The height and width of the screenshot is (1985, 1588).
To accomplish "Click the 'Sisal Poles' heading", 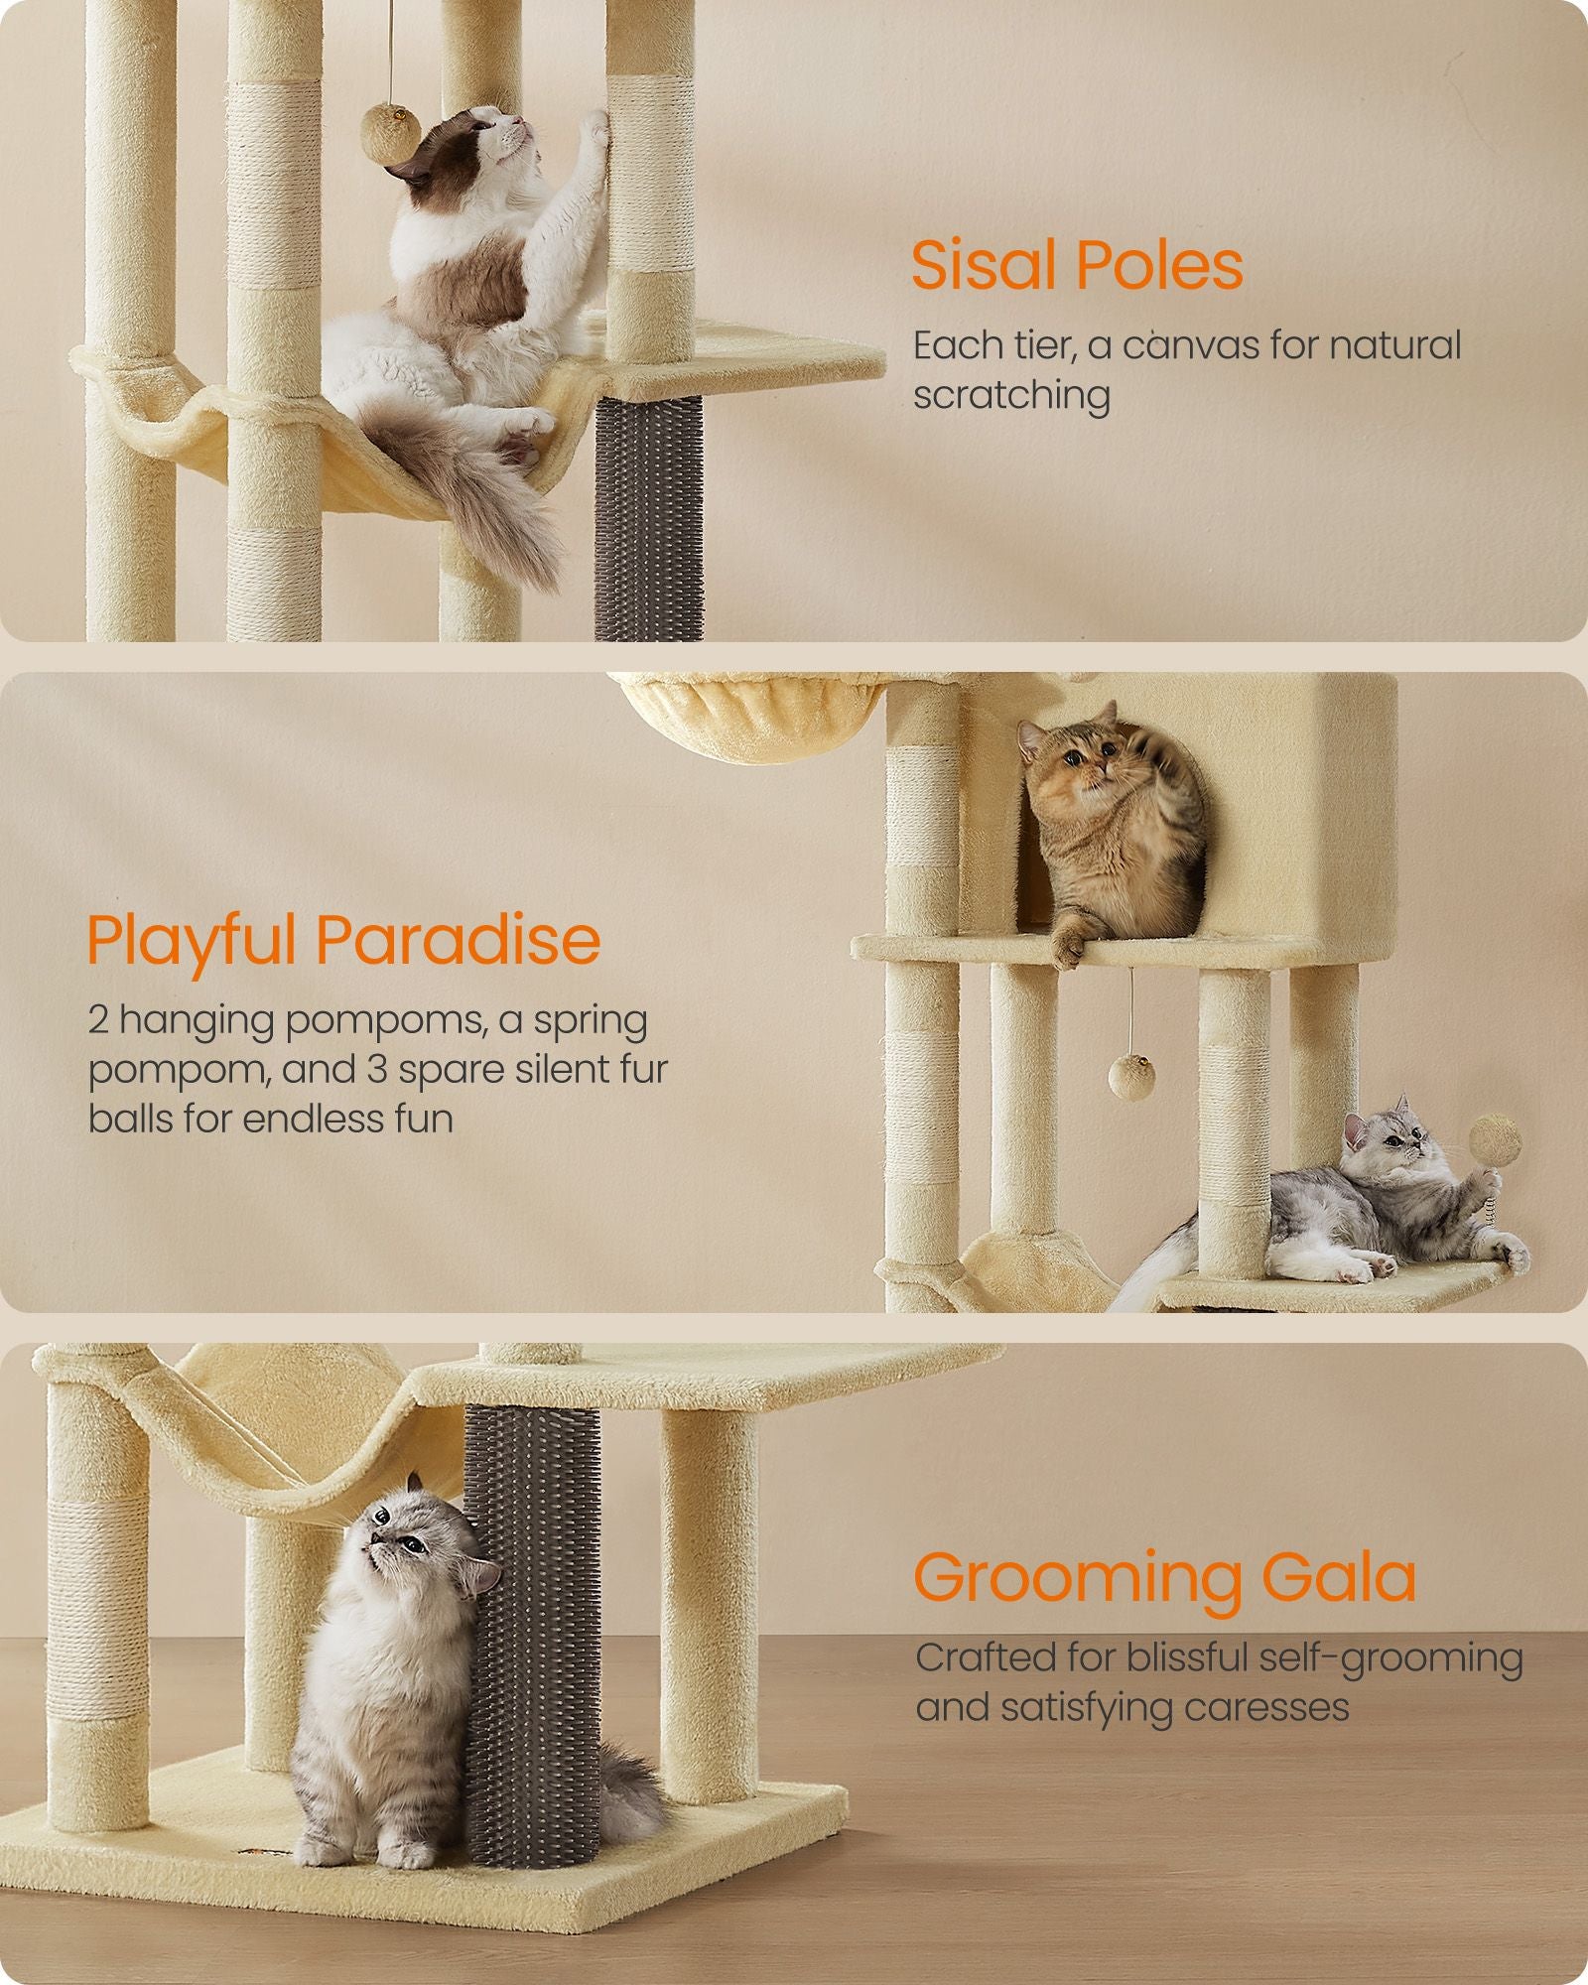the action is point(1077,266).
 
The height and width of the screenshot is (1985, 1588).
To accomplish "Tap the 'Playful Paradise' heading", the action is point(343,939).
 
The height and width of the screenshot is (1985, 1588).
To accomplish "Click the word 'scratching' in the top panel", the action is point(1011,395).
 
